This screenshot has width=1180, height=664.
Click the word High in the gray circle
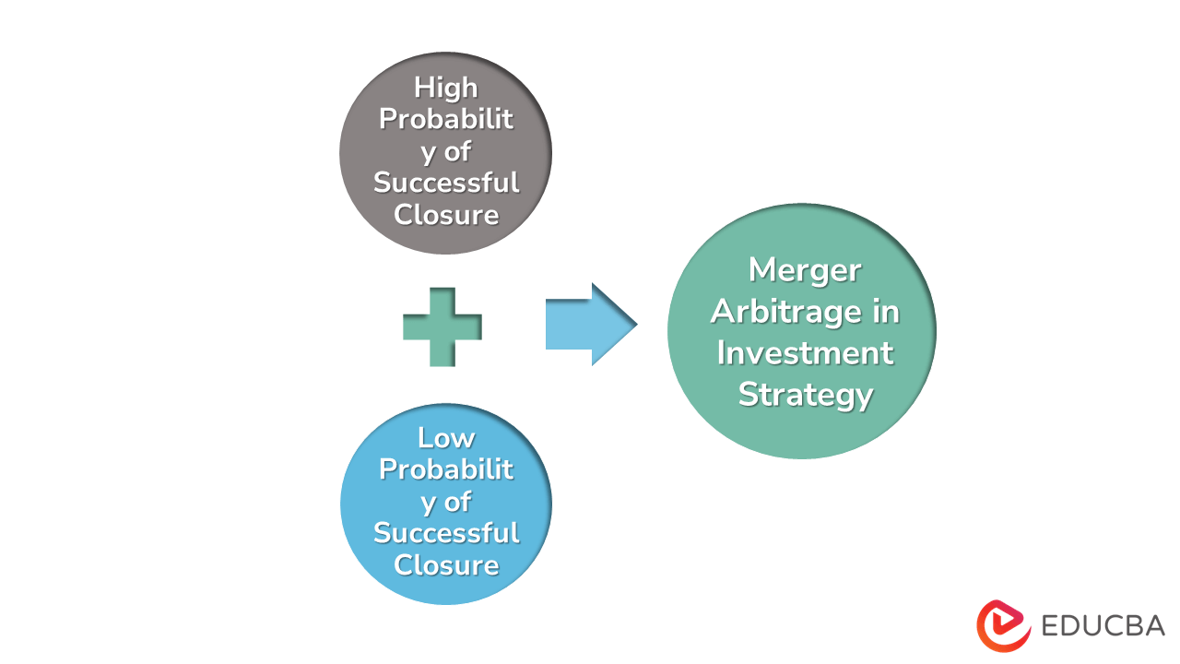(x=446, y=88)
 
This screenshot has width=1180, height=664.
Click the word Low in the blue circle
(x=446, y=437)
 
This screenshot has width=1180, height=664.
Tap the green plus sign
(x=442, y=326)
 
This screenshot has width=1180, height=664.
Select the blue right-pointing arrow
(x=590, y=325)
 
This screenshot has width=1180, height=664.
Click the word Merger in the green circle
(x=804, y=270)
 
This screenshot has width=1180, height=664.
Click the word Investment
(x=804, y=353)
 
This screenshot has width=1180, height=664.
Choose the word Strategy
(x=804, y=395)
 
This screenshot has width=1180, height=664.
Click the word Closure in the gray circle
(x=446, y=214)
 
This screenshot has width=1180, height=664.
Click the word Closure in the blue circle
(x=446, y=564)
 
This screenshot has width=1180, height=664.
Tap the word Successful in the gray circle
(x=446, y=183)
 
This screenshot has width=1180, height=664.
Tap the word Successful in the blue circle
(x=446, y=533)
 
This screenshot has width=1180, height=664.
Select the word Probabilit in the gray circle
(x=446, y=120)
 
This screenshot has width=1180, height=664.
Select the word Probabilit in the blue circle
(x=446, y=469)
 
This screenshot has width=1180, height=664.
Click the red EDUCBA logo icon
(x=1003, y=626)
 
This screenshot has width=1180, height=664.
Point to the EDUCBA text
(x=1103, y=626)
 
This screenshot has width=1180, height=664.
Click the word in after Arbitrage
(x=885, y=312)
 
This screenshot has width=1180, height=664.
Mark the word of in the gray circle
(x=458, y=151)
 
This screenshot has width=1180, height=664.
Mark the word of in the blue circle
(x=458, y=502)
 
